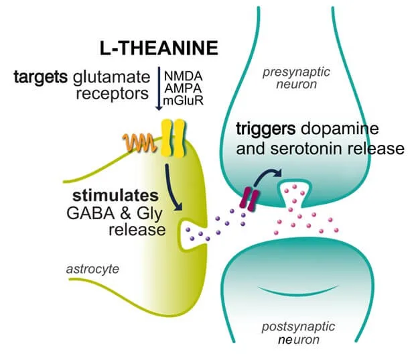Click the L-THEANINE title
point(159,48)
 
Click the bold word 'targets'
point(41,77)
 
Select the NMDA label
point(183,76)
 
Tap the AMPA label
point(183,88)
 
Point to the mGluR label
point(183,101)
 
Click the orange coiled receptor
point(140,142)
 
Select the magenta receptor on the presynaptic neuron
point(249,198)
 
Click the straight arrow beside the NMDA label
point(159,88)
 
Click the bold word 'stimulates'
point(116,196)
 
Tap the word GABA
point(90,213)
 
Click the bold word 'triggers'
point(266,129)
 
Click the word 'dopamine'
point(340,129)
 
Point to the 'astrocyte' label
point(92,269)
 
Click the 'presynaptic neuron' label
point(296,78)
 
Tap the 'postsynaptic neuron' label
point(299,333)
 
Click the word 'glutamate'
point(112,78)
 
